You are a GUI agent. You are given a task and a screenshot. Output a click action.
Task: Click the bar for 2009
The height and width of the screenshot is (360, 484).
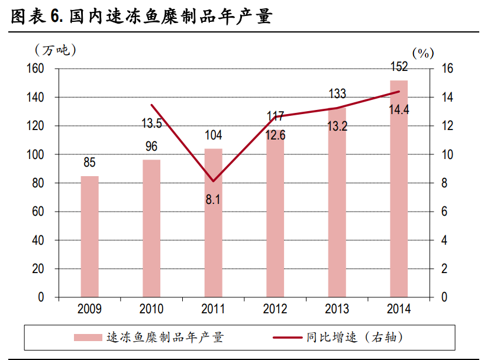[89, 236]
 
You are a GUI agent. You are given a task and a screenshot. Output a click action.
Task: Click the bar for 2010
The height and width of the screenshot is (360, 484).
[151, 228]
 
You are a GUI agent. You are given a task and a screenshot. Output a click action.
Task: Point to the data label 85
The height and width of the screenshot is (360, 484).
[89, 163]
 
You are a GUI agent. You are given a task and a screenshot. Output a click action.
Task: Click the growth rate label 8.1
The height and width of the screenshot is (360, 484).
[213, 200]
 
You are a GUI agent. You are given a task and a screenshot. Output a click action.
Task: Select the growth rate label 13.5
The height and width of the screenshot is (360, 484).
[151, 124]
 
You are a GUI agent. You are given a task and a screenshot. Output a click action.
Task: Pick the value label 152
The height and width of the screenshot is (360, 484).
[399, 66]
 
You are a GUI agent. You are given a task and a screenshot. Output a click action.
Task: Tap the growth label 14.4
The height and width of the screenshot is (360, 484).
[399, 109]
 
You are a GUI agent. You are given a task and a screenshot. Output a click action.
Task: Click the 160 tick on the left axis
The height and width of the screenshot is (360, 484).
[36, 69]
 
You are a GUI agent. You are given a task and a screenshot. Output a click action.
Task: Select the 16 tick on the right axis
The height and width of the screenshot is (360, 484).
[447, 69]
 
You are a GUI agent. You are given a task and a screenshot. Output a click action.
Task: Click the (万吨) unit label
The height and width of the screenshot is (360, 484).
[56, 50]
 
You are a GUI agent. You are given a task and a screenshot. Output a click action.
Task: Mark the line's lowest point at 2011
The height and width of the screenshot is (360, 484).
[213, 181]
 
